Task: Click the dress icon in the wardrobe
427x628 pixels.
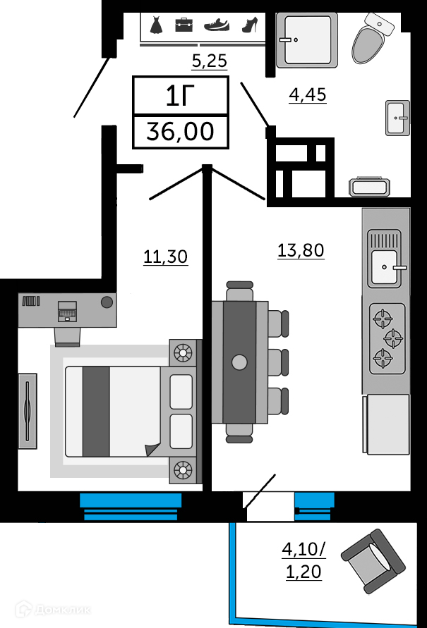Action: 157,25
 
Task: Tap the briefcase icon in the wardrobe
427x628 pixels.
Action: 184,25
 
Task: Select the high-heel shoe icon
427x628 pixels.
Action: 251,25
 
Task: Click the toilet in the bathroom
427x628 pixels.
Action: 373,39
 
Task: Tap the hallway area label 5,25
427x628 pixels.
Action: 210,61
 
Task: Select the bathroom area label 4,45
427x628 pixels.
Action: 308,95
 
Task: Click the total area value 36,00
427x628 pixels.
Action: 181,131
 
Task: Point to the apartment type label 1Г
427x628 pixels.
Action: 181,96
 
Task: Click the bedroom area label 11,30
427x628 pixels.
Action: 165,257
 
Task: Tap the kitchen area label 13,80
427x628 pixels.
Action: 301,250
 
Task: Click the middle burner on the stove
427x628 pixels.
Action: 393,338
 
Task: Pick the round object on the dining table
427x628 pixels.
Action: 239,362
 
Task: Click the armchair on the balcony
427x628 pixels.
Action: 373,561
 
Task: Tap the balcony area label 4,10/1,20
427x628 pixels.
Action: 303,560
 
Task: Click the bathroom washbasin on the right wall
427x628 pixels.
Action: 397,118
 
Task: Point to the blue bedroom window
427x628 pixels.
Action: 131,506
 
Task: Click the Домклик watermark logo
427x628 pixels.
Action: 53,610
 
